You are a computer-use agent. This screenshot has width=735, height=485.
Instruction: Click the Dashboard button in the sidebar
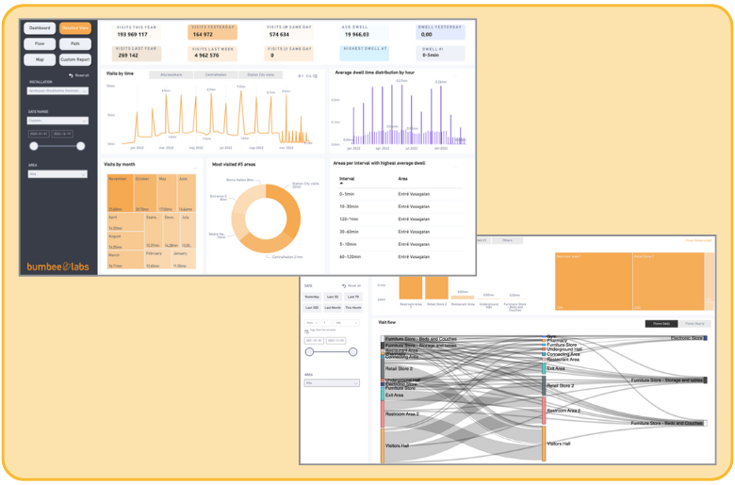(41, 29)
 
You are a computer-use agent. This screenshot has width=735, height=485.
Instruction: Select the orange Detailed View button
(75, 29)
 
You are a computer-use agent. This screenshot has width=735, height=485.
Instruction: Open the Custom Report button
(75, 59)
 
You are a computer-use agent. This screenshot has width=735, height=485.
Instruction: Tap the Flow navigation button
(41, 44)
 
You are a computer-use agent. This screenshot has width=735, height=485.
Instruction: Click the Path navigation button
(75, 44)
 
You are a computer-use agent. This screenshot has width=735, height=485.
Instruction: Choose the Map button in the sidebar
(41, 59)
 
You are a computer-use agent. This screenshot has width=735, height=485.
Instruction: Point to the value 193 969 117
(133, 35)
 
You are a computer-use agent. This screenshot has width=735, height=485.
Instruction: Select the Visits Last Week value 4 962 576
(205, 56)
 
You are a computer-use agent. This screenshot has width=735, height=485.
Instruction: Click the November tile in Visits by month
(118, 178)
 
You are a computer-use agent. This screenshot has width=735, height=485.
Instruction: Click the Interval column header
(347, 177)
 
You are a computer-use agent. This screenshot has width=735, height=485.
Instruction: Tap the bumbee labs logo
(57, 267)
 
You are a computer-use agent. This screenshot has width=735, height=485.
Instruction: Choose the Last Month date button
(332, 307)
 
